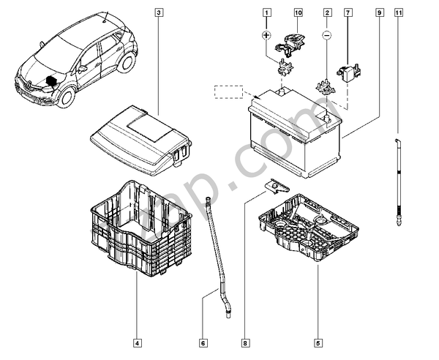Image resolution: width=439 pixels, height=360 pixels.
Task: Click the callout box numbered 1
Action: (267, 13)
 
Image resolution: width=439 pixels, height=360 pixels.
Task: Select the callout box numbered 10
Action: (298, 13)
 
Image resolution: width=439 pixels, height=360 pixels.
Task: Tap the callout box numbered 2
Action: (327, 13)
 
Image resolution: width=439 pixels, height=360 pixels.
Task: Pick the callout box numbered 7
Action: (348, 13)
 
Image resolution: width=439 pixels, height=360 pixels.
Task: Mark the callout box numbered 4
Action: (137, 341)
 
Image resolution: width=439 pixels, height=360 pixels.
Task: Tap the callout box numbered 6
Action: (204, 341)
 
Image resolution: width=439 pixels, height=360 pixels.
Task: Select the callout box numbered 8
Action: (246, 341)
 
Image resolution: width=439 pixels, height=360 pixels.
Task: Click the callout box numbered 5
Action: (318, 341)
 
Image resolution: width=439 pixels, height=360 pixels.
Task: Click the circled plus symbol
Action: (267, 35)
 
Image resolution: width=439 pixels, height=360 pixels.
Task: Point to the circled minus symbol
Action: (328, 35)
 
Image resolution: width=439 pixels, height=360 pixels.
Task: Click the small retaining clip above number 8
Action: (271, 188)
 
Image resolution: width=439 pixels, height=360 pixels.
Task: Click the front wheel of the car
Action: (64, 97)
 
